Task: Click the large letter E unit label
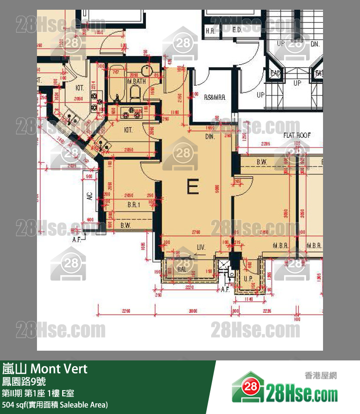[193, 187]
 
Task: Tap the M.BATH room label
[136, 81]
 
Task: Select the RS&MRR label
[215, 97]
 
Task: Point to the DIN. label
[210, 137]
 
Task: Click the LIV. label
[201, 248]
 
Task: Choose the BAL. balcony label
[182, 269]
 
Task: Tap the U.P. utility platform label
[248, 278]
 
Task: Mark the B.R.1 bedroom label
[134, 205]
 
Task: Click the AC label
[90, 197]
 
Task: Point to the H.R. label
[210, 31]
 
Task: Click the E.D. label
[237, 31]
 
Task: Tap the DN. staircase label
[315, 44]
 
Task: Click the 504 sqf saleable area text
[54, 405]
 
